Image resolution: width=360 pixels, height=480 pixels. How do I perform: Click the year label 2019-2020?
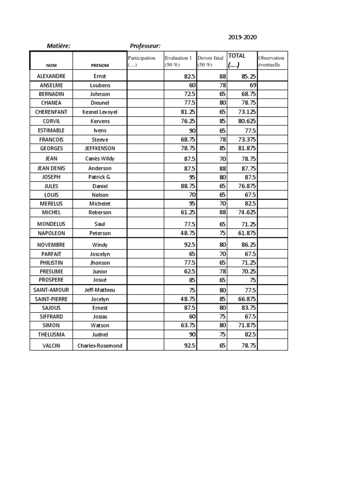pos(242,37)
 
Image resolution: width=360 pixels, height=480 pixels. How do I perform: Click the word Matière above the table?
pos(59,45)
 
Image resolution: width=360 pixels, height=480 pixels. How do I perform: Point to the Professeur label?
pos(145,45)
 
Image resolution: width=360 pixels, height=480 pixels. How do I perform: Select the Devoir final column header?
pos(210,61)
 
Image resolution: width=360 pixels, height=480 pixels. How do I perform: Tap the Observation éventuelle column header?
pos(271,61)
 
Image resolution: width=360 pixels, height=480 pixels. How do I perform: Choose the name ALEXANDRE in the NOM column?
pos(51,76)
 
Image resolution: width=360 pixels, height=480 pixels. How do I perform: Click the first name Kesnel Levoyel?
pos(99,112)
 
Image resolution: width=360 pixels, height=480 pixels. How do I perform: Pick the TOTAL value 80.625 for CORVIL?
pos(246,121)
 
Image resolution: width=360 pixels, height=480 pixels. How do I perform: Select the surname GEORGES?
pos(51,148)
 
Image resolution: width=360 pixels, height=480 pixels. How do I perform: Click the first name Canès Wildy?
pos(99,158)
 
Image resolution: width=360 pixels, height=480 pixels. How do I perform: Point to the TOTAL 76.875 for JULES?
pos(246,186)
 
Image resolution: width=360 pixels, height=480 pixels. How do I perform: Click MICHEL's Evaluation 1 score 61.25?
pos(187,212)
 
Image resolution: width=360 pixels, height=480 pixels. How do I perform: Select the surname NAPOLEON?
pos(51,233)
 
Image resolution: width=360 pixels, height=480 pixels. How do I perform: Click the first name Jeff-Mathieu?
pos(99,290)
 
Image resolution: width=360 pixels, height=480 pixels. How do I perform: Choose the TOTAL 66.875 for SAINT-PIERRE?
pos(246,299)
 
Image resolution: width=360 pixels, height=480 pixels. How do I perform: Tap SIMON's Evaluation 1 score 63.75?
pos(187,325)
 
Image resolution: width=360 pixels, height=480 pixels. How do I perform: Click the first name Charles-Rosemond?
pos(99,346)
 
